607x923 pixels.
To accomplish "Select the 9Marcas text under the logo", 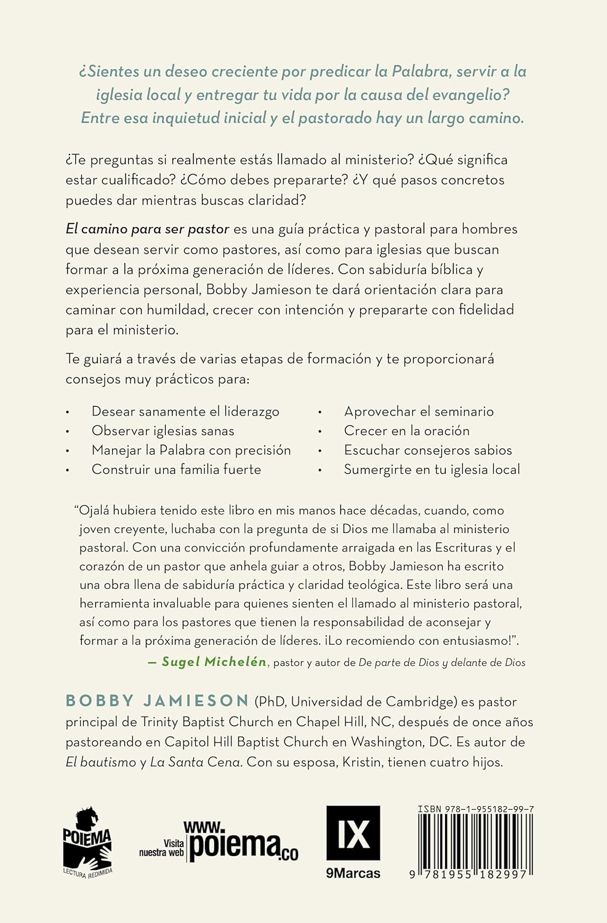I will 353,873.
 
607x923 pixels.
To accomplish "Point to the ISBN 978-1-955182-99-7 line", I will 475,809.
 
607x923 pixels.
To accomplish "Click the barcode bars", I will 475,840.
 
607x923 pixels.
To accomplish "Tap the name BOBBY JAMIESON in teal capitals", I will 157,701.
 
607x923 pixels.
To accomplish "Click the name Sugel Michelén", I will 214,661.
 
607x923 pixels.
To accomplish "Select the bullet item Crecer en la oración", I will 406,431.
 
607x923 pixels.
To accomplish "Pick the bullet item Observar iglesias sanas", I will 163,431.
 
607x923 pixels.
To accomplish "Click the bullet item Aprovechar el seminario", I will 419,411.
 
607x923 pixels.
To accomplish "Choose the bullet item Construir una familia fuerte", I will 176,469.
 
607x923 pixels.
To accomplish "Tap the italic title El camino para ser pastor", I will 147,229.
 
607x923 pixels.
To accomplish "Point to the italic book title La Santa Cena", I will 195,762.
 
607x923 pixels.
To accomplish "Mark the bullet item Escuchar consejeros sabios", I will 428,450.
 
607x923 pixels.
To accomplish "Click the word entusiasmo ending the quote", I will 474,641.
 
